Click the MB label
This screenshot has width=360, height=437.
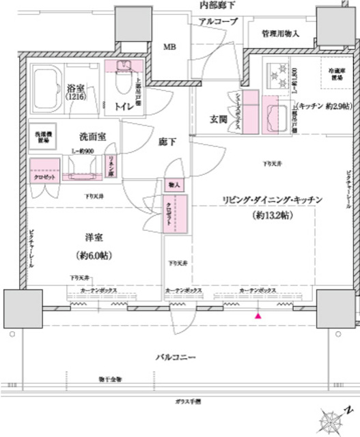pyautogui.click(x=168, y=47)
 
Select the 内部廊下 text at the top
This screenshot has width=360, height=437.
pyautogui.click(x=217, y=5)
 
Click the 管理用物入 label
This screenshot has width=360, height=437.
pyautogui.click(x=279, y=33)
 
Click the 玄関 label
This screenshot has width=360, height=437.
pyautogui.click(x=218, y=119)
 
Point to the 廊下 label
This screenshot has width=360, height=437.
pyautogui.click(x=168, y=142)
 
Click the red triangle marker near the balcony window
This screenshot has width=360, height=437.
pyautogui.click(x=258, y=316)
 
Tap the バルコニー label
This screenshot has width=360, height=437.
pyautogui.click(x=176, y=356)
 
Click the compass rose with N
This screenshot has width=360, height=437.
pyautogui.click(x=337, y=417)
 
